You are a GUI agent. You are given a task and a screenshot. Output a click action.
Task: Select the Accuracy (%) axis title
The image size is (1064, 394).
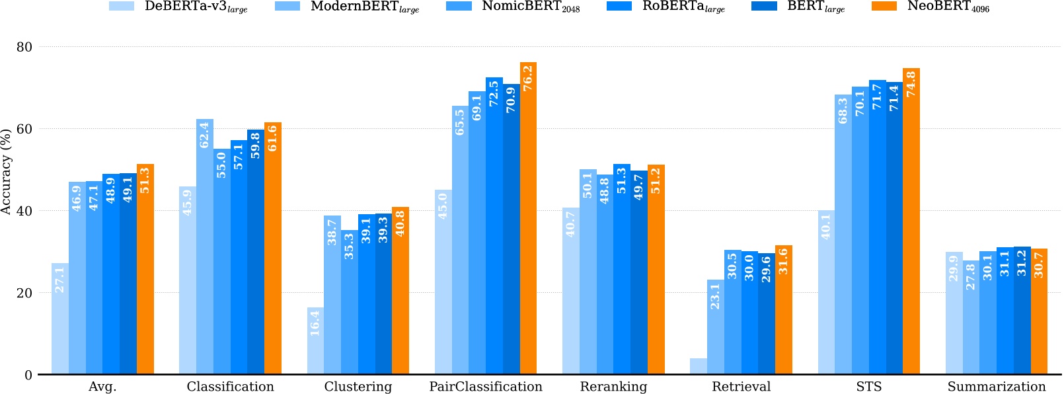click(x=7, y=172)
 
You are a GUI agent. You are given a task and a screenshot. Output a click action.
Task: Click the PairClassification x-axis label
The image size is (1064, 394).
click(x=486, y=387)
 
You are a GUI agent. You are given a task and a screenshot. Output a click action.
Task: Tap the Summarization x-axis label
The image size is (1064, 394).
click(x=997, y=387)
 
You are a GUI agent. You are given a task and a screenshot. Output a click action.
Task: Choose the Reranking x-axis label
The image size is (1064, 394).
click(x=613, y=387)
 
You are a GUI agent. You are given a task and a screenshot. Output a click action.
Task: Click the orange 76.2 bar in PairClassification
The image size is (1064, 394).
click(x=528, y=218)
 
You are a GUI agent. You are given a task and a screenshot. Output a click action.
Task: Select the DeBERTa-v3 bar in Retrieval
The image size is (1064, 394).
click(x=699, y=366)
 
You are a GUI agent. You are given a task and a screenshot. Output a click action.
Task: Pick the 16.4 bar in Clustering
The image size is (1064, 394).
click(x=315, y=341)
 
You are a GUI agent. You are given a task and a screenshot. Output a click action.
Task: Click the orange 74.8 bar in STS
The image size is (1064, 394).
click(x=911, y=221)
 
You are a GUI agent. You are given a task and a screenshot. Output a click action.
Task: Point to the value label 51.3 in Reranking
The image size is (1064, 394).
click(x=621, y=180)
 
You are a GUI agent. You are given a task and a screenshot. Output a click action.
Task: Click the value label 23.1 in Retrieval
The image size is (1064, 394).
click(x=715, y=297)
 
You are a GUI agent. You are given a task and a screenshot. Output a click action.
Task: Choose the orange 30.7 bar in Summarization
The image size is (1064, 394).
click(x=1039, y=311)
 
